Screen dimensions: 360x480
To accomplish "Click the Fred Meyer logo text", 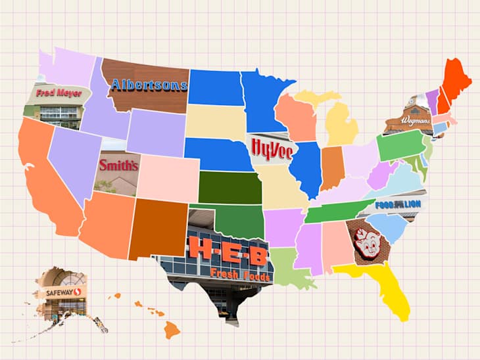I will [59, 93].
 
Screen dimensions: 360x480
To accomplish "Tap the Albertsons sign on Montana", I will [149, 85].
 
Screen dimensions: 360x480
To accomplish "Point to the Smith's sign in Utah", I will [118, 166].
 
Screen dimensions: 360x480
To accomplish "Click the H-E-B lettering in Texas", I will [228, 250].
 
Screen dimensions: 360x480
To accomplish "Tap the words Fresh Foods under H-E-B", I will [240, 275].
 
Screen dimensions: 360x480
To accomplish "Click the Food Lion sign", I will [398, 204].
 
